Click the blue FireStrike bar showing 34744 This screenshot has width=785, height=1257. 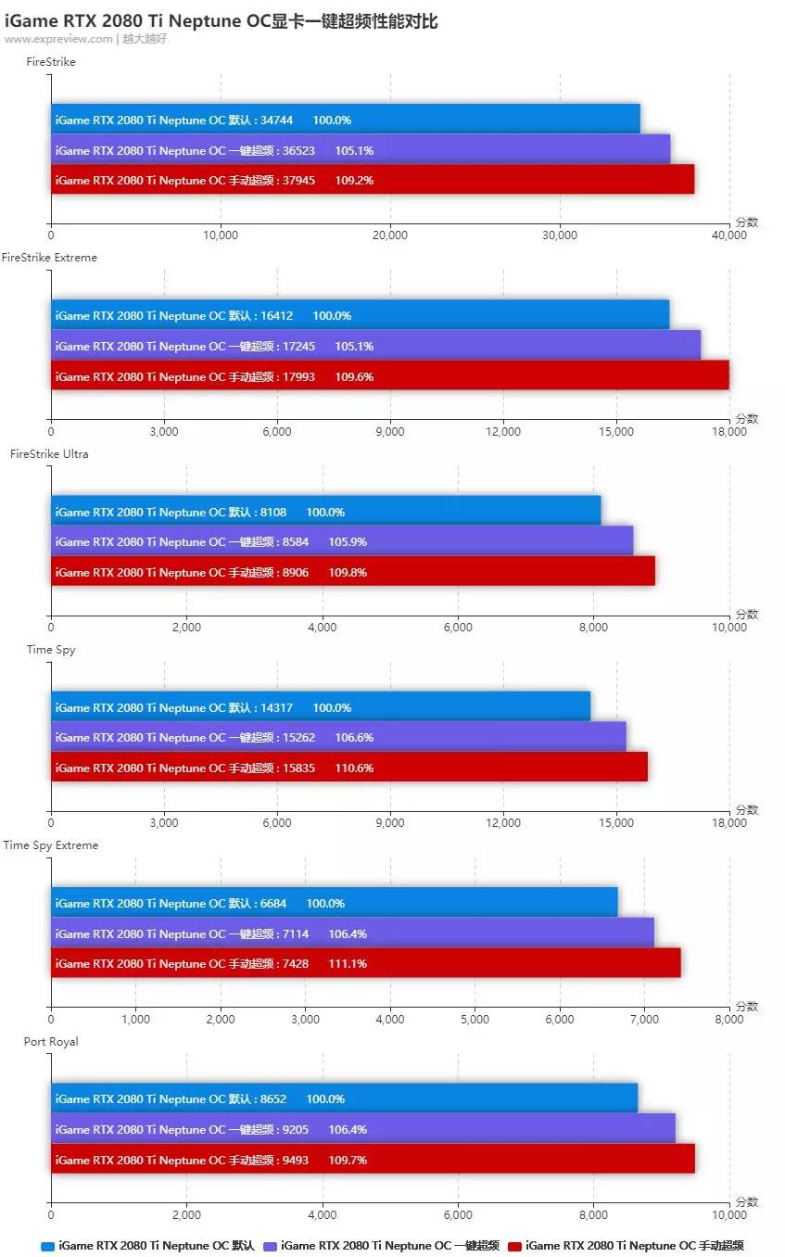pos(345,120)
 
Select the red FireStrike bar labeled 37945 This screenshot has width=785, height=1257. pos(372,180)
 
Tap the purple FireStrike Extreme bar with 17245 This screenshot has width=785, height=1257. pos(374,346)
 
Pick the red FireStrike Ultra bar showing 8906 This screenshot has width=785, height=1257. pos(352,572)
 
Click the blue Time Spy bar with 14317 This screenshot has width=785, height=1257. pos(320,707)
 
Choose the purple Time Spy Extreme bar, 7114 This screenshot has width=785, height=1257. pos(352,933)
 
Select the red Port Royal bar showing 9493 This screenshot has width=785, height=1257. pos(372,1160)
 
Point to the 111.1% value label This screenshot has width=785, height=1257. pos(348,964)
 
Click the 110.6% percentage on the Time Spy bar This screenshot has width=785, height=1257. pos(354,768)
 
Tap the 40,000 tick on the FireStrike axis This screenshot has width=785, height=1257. pos(728,235)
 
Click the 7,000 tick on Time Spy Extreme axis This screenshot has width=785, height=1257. pos(644,1020)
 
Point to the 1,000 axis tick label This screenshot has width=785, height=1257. pos(135,1020)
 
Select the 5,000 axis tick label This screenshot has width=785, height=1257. pos(475,1020)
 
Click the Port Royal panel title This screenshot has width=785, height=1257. pos(51,1042)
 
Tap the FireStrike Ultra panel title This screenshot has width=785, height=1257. pos(49,454)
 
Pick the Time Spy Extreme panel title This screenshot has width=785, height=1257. pos(50,845)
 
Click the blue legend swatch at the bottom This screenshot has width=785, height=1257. pos(48,1246)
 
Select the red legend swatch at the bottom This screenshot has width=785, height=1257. pos(515,1246)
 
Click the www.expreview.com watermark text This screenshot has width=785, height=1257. pos(58,39)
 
